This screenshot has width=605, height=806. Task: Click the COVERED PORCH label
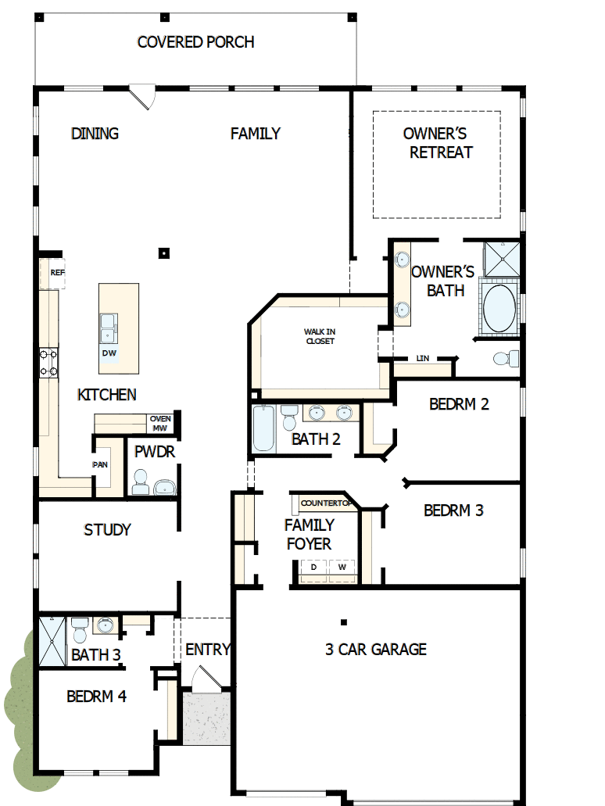pyautogui.click(x=195, y=42)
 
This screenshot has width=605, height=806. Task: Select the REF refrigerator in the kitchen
pyautogui.click(x=57, y=273)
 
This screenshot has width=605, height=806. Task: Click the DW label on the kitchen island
pyautogui.click(x=109, y=353)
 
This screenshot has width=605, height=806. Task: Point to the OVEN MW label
pyautogui.click(x=160, y=424)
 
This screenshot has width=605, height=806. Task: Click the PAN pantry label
pyautogui.click(x=100, y=464)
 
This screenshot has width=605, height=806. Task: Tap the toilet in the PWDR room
pyautogui.click(x=141, y=482)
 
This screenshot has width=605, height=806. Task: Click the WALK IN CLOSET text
pyautogui.click(x=320, y=336)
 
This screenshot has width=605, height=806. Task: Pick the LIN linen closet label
pyautogui.click(x=423, y=358)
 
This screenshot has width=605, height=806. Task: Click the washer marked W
pyautogui.click(x=342, y=567)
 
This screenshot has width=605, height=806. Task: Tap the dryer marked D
pyautogui.click(x=313, y=567)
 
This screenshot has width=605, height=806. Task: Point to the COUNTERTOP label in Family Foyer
pyautogui.click(x=323, y=503)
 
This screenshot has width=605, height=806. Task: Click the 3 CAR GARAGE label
pyautogui.click(x=376, y=649)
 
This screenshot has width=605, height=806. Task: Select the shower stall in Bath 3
pyautogui.click(x=52, y=641)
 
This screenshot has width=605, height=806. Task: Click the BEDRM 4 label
pyautogui.click(x=96, y=696)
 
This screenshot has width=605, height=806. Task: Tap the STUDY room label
pyautogui.click(x=107, y=530)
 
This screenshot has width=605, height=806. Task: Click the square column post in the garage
pyautogui.click(x=343, y=622)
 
